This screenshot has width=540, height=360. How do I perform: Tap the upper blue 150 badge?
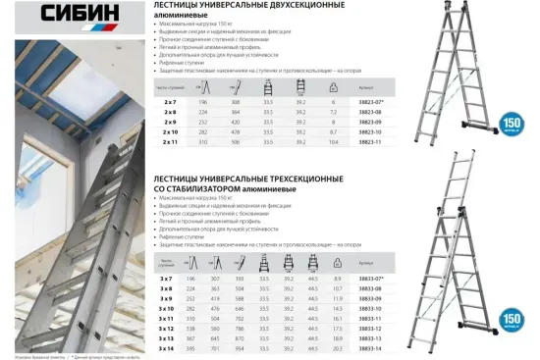pos(512,125)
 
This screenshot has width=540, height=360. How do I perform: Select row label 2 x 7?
pos(170,102)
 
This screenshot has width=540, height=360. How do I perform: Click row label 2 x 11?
pos(170,141)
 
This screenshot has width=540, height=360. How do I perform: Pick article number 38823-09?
pos(371,122)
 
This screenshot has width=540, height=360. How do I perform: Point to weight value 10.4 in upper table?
pos(333,141)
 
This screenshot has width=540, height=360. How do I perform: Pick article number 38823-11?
pos(371,141)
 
